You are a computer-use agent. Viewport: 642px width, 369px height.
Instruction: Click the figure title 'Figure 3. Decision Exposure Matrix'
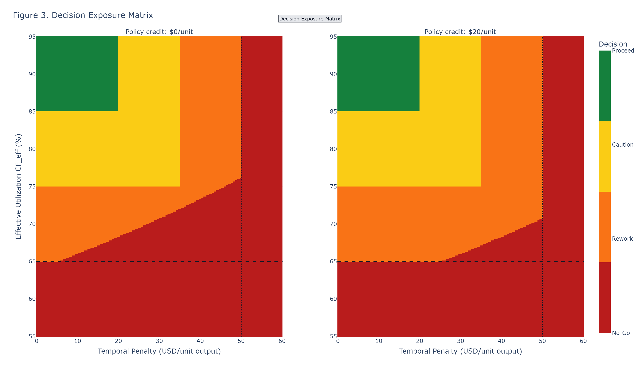tap(83, 15)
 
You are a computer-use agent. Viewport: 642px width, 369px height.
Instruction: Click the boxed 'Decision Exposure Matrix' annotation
tap(310, 19)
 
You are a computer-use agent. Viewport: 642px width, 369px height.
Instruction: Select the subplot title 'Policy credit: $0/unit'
tap(159, 32)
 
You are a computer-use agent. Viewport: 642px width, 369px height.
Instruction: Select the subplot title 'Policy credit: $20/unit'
tap(460, 32)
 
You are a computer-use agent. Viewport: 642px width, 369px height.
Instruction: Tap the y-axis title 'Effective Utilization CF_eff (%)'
tap(18, 186)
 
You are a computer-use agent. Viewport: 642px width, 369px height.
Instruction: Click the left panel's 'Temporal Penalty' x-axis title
tap(159, 351)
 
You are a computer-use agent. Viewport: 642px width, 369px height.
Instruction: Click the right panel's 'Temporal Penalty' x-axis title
tap(460, 351)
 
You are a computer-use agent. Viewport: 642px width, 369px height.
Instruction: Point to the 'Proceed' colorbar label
tap(623, 51)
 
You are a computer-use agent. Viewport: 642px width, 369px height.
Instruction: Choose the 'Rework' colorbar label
tap(622, 239)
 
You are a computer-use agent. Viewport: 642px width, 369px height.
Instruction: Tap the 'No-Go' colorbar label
tap(621, 333)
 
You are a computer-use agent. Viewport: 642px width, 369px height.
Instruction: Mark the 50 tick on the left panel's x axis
tap(241, 341)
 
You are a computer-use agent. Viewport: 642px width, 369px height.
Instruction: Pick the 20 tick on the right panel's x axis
tap(420, 341)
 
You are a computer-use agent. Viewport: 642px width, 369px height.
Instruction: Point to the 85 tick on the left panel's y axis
tap(32, 112)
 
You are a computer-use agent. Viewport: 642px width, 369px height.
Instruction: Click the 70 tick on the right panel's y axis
tap(333, 224)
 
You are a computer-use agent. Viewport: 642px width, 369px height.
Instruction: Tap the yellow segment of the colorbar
tap(604, 156)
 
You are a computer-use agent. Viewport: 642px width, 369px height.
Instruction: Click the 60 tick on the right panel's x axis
tap(583, 341)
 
